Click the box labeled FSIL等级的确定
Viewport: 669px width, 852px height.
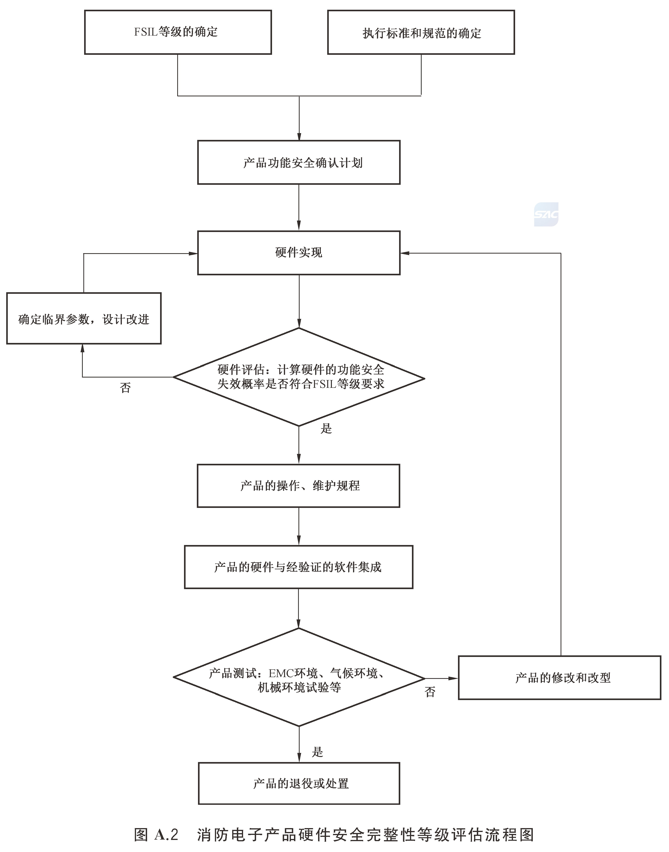click(178, 32)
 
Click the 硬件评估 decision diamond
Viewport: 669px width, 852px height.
click(299, 377)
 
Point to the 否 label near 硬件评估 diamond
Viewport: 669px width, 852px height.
click(125, 388)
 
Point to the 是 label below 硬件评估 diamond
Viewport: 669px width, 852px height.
click(326, 429)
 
